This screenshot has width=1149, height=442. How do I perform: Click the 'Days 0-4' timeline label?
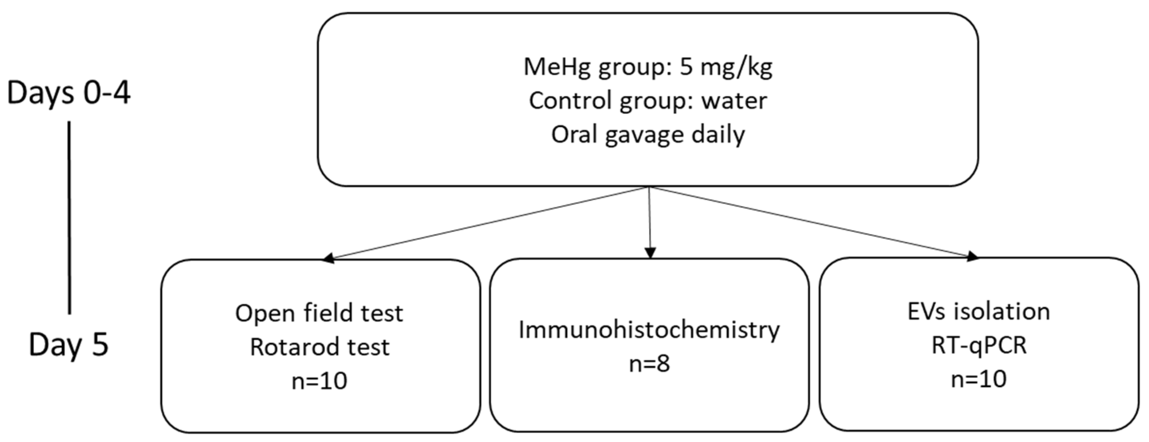69,93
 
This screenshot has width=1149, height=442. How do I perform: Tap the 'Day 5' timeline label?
69,345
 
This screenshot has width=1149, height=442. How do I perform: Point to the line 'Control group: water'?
648,101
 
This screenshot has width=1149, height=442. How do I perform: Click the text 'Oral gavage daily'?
648,135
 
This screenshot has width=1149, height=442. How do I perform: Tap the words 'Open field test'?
319,313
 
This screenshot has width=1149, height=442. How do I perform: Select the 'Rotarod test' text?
319,347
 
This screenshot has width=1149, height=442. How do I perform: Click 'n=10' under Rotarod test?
319,381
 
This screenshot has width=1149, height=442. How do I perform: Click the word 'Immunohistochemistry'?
649,330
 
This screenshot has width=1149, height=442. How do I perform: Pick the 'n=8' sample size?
649,364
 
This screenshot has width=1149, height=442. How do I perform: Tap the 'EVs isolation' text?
979,311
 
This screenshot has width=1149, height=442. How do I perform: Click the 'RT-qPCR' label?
979,345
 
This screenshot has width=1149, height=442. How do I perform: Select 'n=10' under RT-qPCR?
979,379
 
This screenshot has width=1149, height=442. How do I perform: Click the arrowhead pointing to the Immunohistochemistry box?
650,253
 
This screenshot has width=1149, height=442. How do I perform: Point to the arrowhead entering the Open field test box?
329,258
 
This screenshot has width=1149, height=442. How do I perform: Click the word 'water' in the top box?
734,101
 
